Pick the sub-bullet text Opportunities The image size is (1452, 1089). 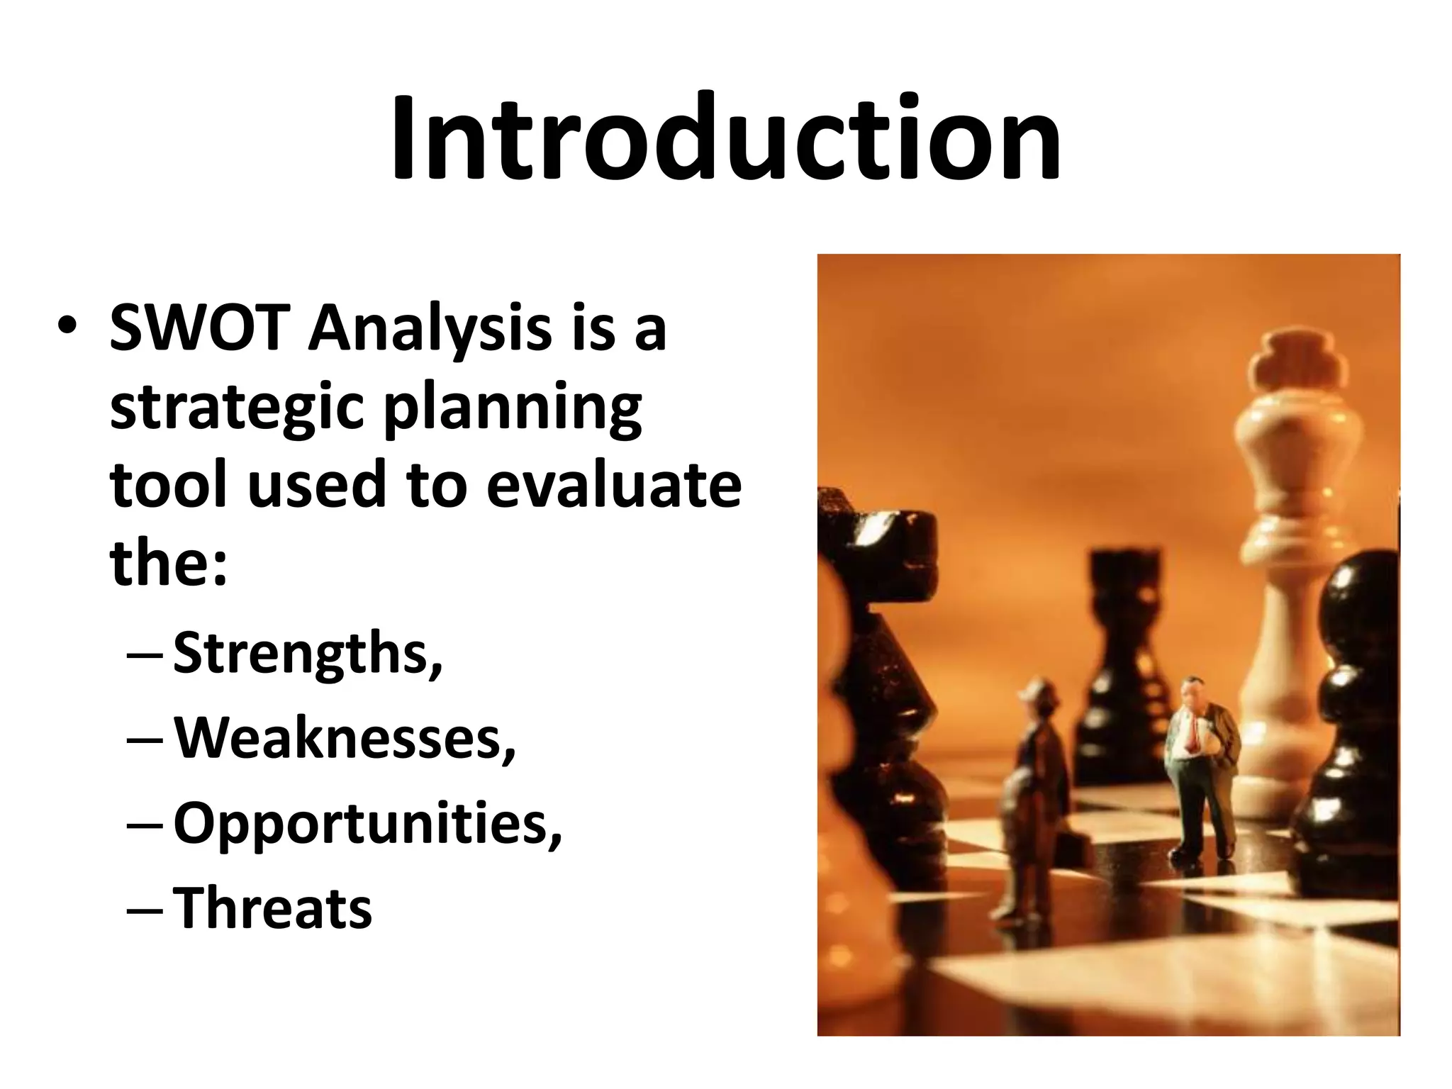367,824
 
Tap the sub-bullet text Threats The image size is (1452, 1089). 272,907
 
